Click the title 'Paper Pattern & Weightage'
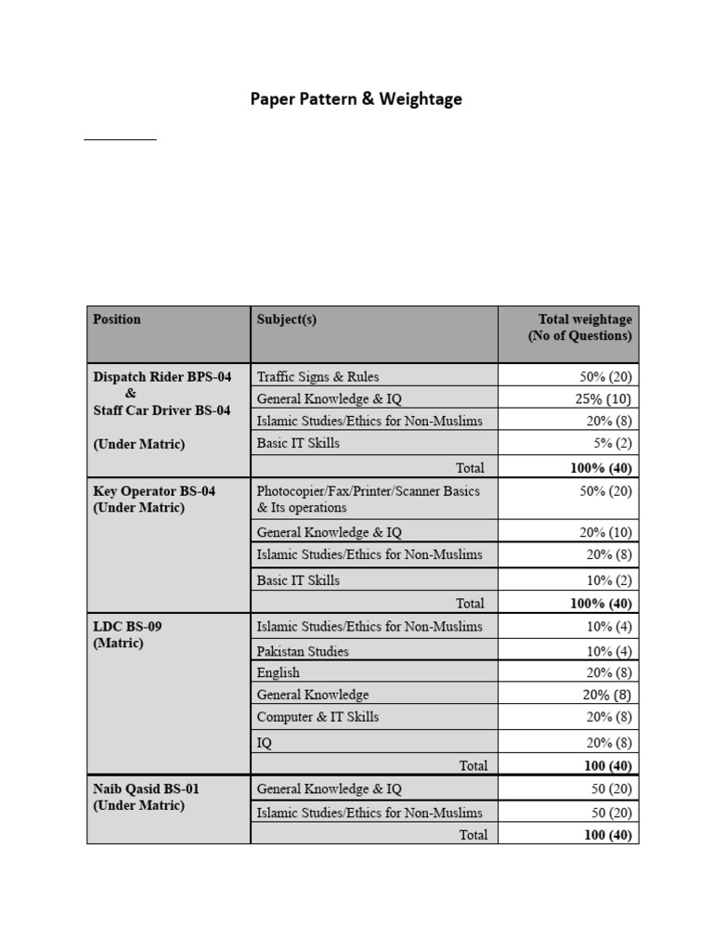(x=356, y=98)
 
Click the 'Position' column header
(x=117, y=319)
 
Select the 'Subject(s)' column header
(x=286, y=319)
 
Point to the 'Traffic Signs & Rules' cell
(x=318, y=377)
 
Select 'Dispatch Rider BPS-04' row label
(x=162, y=377)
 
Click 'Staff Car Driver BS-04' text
(x=162, y=410)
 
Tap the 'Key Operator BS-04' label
(x=154, y=490)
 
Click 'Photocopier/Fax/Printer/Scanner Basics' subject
(x=368, y=490)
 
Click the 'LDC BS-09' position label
(x=127, y=626)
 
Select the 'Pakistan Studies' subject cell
(x=303, y=651)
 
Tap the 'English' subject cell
(x=279, y=672)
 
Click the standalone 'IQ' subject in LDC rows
(x=265, y=743)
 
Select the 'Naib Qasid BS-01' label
(x=146, y=788)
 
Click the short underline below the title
(x=120, y=139)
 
